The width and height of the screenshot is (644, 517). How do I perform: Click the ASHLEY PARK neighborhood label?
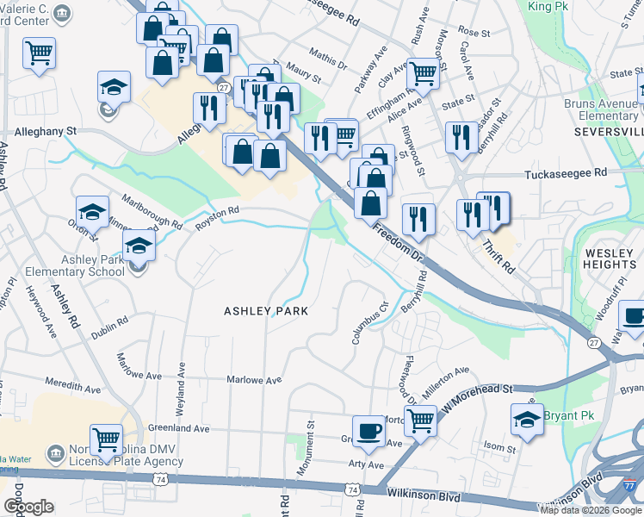pyautogui.click(x=266, y=310)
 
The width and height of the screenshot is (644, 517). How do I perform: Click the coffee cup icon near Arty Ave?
pyautogui.click(x=369, y=431)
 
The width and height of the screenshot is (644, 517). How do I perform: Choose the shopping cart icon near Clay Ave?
pyautogui.click(x=424, y=74)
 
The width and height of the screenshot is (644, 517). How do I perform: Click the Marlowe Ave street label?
pyautogui.click(x=254, y=380)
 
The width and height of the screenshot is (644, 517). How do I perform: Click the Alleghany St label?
pyautogui.click(x=46, y=131)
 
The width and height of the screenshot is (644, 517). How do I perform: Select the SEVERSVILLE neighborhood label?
pyautogui.click(x=609, y=132)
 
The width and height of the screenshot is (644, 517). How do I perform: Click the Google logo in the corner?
pyautogui.click(x=28, y=507)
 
